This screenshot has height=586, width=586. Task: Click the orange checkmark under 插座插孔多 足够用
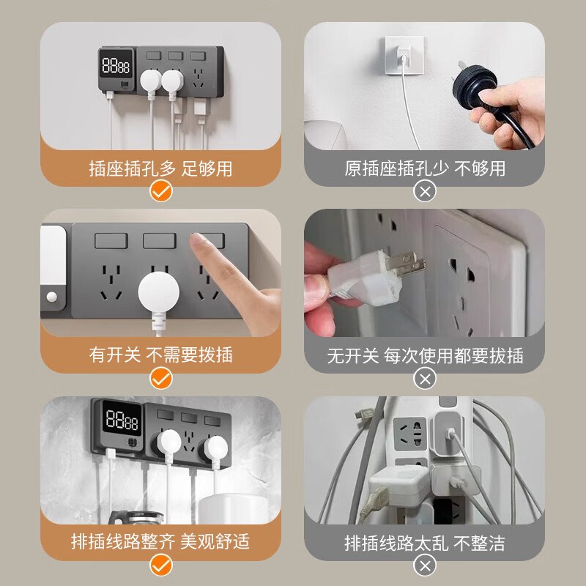pos(160,192)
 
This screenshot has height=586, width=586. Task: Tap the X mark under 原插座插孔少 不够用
pos(425,192)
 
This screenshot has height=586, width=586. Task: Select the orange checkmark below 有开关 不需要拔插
pos(160,378)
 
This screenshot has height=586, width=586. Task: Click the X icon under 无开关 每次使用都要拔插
pos(425,378)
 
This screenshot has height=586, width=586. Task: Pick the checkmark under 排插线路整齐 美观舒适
pos(160,565)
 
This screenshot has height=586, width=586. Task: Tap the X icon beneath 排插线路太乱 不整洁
pos(425,565)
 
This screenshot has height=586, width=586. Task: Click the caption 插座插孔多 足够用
pos(160,168)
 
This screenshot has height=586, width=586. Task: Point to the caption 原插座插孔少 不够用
pos(425,168)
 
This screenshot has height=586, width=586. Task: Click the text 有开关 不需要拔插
pos(160,355)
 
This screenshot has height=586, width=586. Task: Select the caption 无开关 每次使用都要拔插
pos(425,355)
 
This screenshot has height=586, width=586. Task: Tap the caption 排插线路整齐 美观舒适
pos(160,541)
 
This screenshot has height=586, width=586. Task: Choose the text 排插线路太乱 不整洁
pos(425,542)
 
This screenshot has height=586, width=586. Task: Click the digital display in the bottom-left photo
pos(122,422)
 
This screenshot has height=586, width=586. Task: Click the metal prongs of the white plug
pos(407,262)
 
